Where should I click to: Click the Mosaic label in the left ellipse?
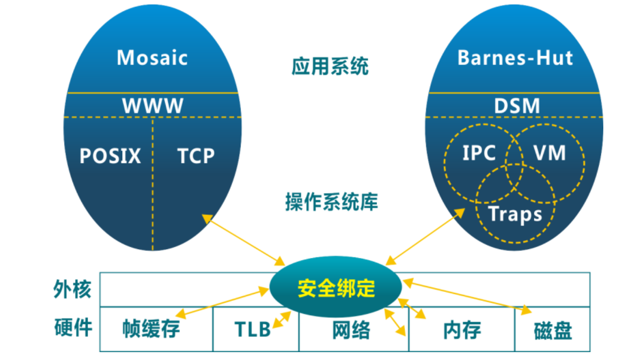click(152, 58)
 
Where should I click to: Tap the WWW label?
click(153, 106)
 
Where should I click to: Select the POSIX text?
click(110, 156)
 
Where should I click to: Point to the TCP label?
click(196, 156)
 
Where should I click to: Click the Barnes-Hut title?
click(515, 58)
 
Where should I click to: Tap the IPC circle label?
click(479, 153)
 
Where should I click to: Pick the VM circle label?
click(550, 153)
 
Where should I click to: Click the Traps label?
click(515, 214)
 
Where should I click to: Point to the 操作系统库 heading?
click(331, 201)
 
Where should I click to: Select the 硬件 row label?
click(72, 327)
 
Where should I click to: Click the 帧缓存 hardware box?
click(151, 329)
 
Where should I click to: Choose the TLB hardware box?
click(252, 329)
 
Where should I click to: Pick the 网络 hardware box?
click(351, 329)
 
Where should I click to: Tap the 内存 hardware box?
click(462, 329)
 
